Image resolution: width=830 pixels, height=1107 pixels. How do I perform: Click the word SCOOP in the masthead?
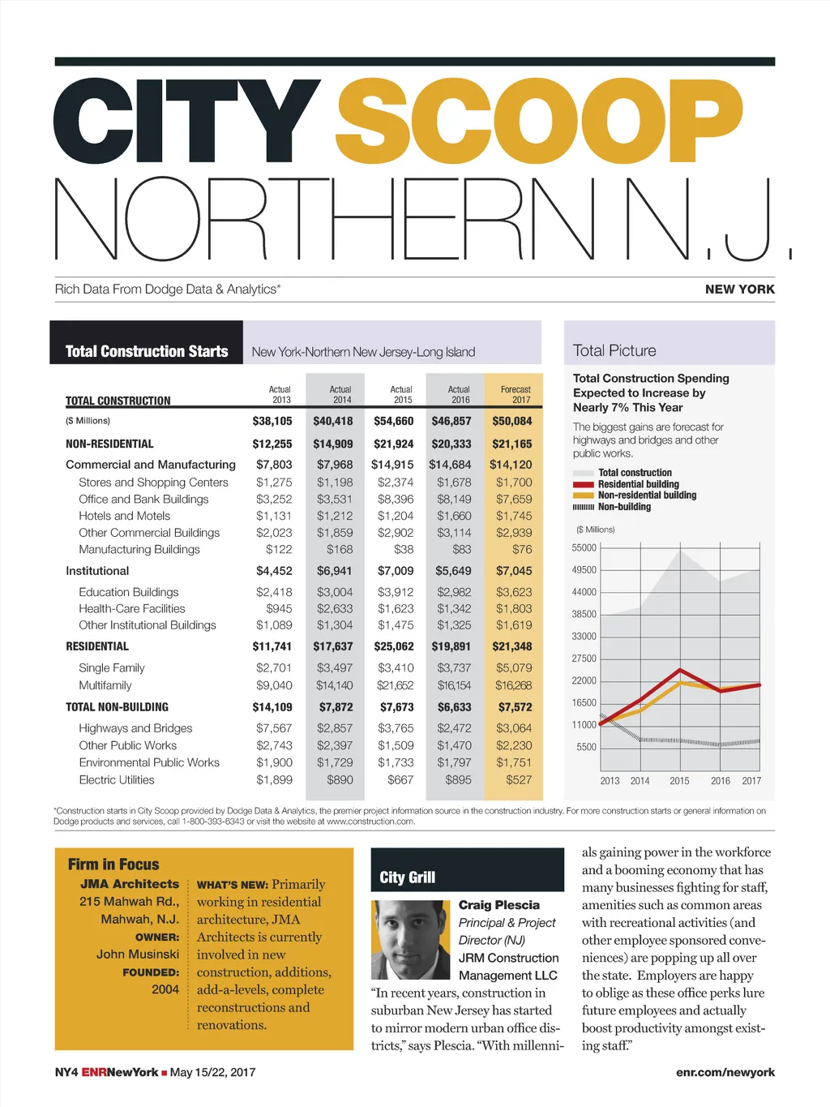point(539,122)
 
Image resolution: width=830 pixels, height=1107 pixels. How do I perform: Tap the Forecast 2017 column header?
point(516,394)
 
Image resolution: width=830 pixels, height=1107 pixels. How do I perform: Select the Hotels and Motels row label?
point(124,516)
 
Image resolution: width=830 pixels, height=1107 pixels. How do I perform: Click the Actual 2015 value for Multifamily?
point(396,685)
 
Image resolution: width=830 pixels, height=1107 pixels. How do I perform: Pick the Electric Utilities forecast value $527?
point(519,780)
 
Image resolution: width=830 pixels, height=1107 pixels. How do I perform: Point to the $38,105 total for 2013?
point(272,421)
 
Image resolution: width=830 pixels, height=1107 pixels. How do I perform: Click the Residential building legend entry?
point(638,484)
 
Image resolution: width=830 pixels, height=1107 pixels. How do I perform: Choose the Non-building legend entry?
point(624,507)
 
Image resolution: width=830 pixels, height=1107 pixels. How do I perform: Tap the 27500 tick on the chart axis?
point(584,659)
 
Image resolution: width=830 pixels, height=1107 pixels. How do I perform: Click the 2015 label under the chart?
point(679,781)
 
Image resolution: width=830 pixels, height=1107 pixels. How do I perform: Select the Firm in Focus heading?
point(113,865)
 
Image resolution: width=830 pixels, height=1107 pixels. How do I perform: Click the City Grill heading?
point(408,877)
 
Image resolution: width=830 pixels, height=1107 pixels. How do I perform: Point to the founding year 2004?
point(165,989)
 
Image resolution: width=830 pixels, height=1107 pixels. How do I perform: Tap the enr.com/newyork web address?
point(725,1072)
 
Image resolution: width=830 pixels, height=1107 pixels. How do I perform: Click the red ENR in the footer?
point(94,1072)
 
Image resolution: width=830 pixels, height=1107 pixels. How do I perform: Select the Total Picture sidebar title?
point(614,351)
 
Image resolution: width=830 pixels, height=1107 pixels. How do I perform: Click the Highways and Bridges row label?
point(135,728)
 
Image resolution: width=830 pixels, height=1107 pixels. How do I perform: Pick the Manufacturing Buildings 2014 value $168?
point(340,549)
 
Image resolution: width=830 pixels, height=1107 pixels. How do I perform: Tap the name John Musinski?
point(138,955)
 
